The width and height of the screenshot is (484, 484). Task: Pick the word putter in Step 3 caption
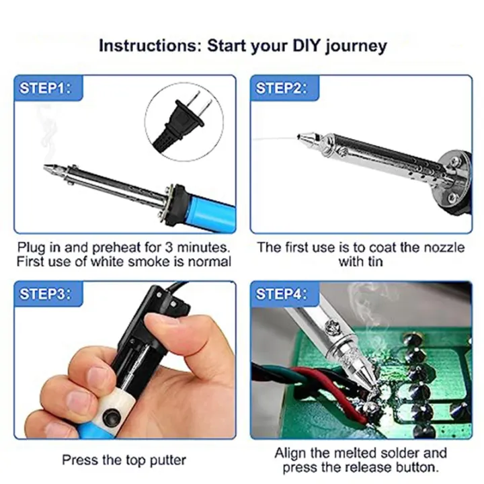167,460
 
